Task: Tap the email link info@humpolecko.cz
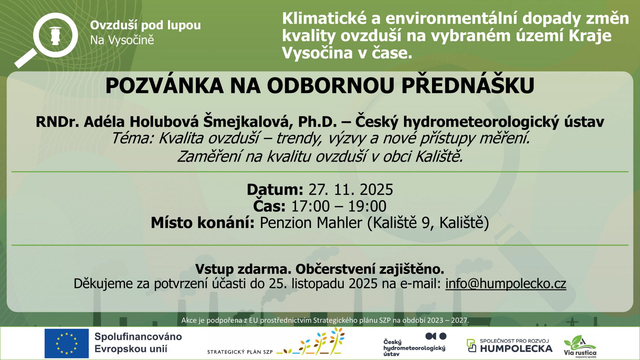(x=506, y=284)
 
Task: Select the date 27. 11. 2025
(x=351, y=190)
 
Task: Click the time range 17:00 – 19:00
(x=339, y=206)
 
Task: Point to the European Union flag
(x=67, y=343)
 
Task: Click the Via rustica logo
(x=580, y=347)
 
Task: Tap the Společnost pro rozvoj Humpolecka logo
(x=509, y=346)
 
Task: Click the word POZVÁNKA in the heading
(x=164, y=86)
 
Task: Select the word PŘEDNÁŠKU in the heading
(x=468, y=86)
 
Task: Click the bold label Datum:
(x=275, y=190)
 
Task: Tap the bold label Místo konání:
(x=203, y=223)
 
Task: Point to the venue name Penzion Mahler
(x=311, y=223)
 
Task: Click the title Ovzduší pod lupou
(x=145, y=25)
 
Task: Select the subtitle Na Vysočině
(x=122, y=40)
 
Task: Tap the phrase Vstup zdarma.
(x=243, y=269)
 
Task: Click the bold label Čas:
(x=269, y=206)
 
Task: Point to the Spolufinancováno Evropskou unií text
(x=138, y=343)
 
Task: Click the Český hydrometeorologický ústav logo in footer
(x=415, y=345)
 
